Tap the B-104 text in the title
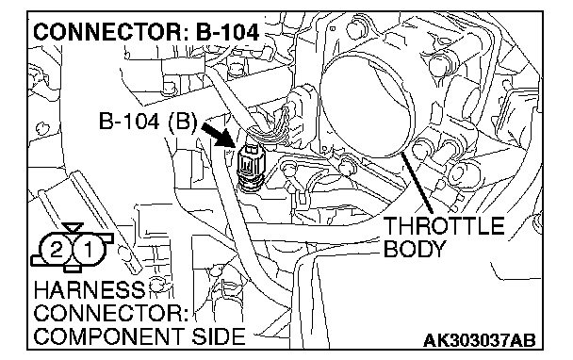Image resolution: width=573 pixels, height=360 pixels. pyautogui.click(x=227, y=32)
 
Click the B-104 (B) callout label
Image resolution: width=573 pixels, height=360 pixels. pyautogui.click(x=147, y=122)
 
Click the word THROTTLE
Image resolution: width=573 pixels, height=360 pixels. pyautogui.click(x=444, y=226)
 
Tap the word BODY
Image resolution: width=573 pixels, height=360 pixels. pyautogui.click(x=414, y=249)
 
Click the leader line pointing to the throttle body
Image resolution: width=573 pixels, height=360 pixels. pyautogui.click(x=417, y=183)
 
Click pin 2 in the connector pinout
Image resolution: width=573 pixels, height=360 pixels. pyautogui.click(x=56, y=251)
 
